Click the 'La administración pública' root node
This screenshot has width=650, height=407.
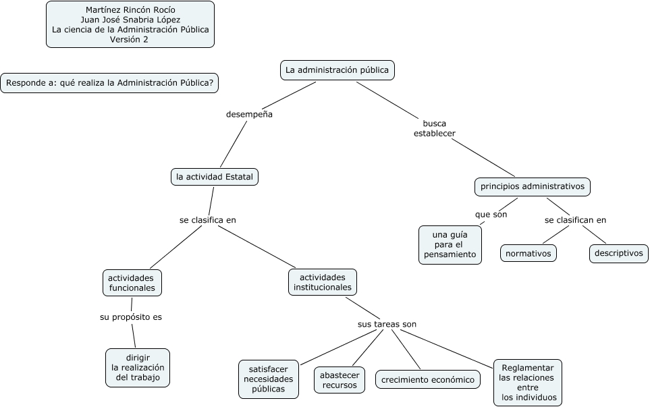337,70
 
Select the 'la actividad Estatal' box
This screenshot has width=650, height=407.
215,177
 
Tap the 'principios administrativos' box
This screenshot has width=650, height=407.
533,186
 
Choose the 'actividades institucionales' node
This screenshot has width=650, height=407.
323,282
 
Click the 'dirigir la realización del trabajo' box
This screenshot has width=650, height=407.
138,367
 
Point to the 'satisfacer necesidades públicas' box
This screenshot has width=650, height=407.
269,379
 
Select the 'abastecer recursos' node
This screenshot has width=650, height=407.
340,380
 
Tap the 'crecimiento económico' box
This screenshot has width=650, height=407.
428,380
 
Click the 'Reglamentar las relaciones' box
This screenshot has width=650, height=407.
528,382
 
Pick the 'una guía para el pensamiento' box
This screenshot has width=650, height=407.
450,244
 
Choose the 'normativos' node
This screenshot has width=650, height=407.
529,254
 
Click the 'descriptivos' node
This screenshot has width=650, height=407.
618,254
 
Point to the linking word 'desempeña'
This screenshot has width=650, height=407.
249,115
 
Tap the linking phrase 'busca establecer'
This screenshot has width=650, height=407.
435,128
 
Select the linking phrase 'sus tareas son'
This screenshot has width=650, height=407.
387,324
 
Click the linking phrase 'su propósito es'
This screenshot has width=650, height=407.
131,317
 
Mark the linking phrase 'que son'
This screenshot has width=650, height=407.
491,215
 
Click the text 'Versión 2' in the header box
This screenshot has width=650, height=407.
129,39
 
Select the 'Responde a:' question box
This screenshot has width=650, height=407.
109,83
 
